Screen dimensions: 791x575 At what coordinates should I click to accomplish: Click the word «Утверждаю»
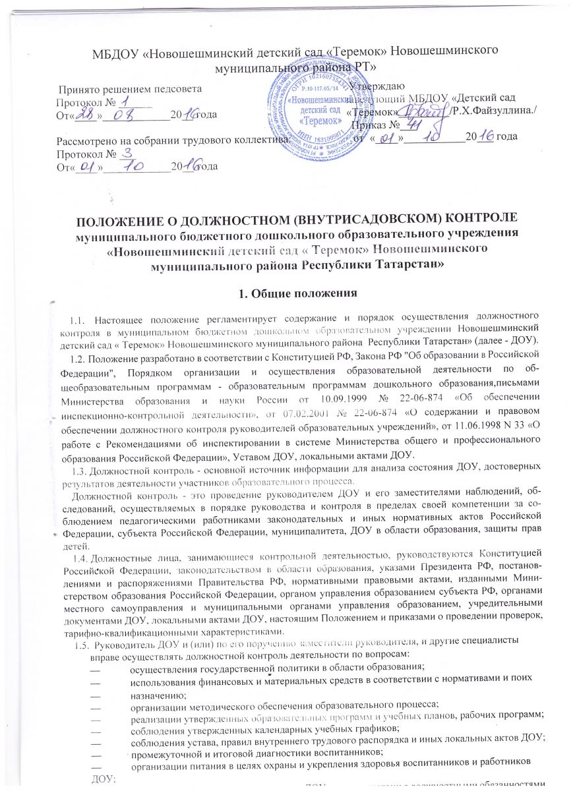[375, 86]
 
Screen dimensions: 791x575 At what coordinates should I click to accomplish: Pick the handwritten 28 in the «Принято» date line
[84, 114]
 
